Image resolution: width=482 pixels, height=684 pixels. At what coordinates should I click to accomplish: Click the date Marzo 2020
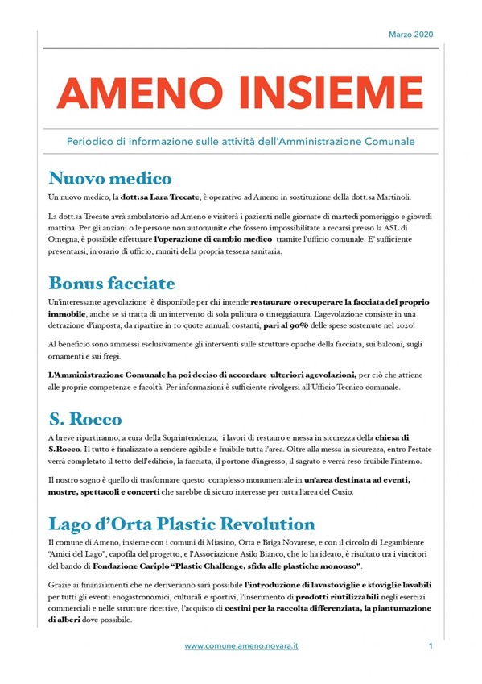pyautogui.click(x=410, y=35)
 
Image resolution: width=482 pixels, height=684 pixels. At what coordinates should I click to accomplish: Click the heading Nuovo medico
pyautogui.click(x=109, y=178)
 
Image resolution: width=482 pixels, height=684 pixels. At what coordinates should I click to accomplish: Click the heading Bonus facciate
pyautogui.click(x=111, y=283)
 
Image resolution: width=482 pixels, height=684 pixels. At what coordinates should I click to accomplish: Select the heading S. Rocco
pyautogui.click(x=84, y=419)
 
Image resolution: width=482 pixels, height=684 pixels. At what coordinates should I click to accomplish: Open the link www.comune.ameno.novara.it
pyautogui.click(x=241, y=646)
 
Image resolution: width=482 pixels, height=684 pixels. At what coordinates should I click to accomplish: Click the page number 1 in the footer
pyautogui.click(x=431, y=646)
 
